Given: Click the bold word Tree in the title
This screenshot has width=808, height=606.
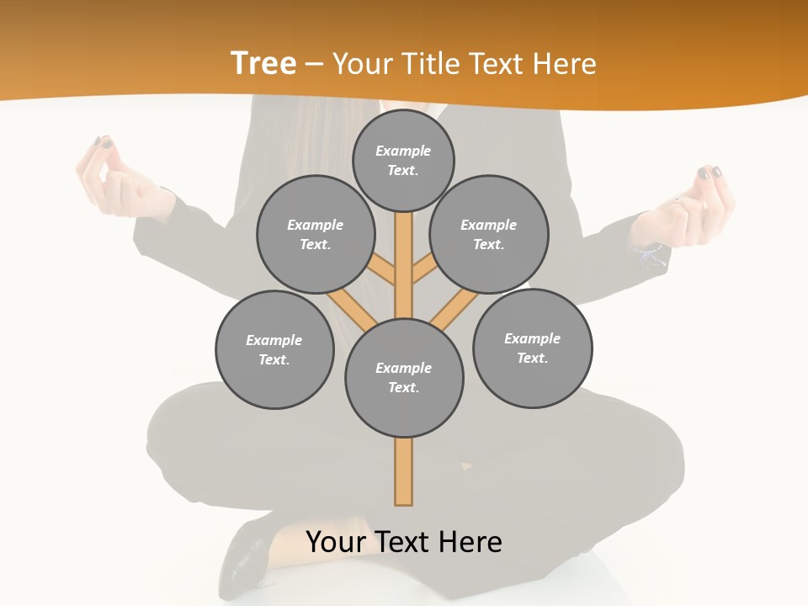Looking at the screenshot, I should tap(263, 64).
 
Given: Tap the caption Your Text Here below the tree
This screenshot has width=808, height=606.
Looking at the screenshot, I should tap(404, 542).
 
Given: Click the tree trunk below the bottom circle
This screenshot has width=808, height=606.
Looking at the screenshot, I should tap(404, 471).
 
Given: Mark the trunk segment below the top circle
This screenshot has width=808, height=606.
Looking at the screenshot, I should tap(404, 261).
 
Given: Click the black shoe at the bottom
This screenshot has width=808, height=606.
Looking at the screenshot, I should tap(244, 555).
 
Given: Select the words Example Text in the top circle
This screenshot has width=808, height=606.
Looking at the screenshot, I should tap(403, 160).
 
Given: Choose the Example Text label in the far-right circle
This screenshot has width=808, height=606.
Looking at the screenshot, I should tap(532, 348).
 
